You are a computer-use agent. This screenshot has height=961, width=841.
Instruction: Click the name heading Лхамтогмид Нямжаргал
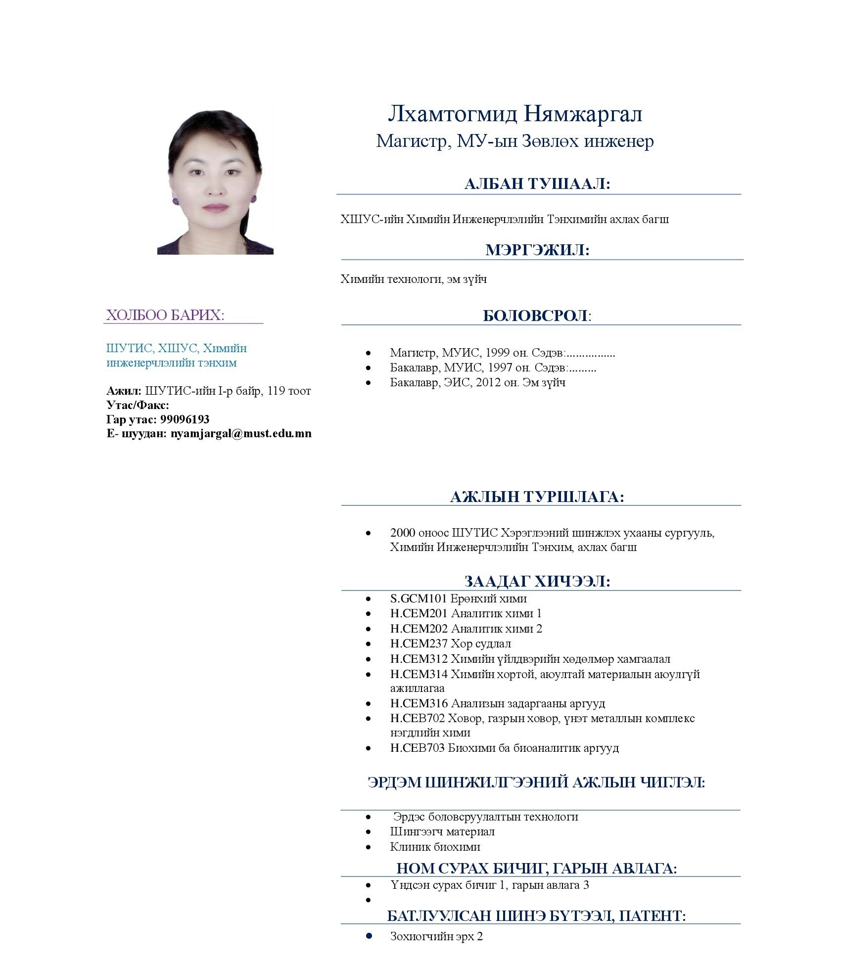click(x=515, y=114)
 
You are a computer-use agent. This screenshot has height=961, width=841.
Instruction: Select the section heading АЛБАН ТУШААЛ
click(x=537, y=184)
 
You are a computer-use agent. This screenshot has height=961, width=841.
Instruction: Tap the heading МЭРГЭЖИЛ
click(x=537, y=250)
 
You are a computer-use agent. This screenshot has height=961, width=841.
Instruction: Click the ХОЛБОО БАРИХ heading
click(x=165, y=316)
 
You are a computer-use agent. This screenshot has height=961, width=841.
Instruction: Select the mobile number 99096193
click(x=185, y=419)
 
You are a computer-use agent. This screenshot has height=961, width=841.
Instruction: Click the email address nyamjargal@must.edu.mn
click(x=241, y=434)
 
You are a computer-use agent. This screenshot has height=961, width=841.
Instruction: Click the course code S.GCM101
click(x=419, y=599)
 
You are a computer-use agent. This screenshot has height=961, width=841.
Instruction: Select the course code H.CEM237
click(x=419, y=644)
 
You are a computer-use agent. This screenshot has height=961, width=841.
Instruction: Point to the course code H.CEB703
click(x=418, y=748)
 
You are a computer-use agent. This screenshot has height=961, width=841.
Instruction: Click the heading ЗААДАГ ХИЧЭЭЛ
click(x=537, y=581)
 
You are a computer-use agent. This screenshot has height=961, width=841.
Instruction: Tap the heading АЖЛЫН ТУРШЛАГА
click(x=537, y=497)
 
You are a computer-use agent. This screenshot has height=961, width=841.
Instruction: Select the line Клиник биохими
click(x=435, y=847)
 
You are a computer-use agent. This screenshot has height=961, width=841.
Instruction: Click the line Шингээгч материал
click(x=442, y=832)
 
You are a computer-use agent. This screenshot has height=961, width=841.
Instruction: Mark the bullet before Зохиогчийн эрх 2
click(x=369, y=936)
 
